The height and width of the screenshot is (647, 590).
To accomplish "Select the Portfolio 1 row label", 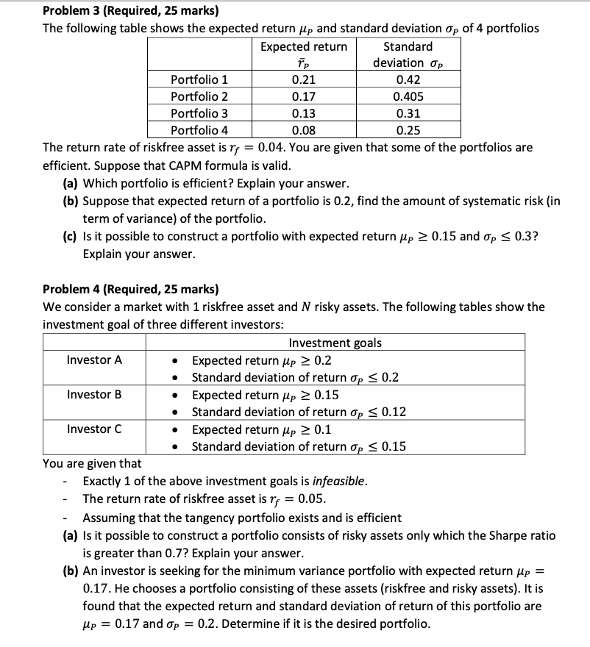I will (x=199, y=79).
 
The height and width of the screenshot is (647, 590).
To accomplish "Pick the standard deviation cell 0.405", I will (x=408, y=96).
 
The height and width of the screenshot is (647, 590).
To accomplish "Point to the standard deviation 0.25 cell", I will (x=408, y=131).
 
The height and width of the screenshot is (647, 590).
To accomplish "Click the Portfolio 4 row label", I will (x=199, y=131).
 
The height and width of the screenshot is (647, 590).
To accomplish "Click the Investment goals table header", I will (x=335, y=343).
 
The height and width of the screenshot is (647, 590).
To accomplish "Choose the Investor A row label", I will (x=94, y=360).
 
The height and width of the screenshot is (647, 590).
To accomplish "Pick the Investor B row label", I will (x=94, y=394).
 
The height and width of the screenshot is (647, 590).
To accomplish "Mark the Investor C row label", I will (x=94, y=429).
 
